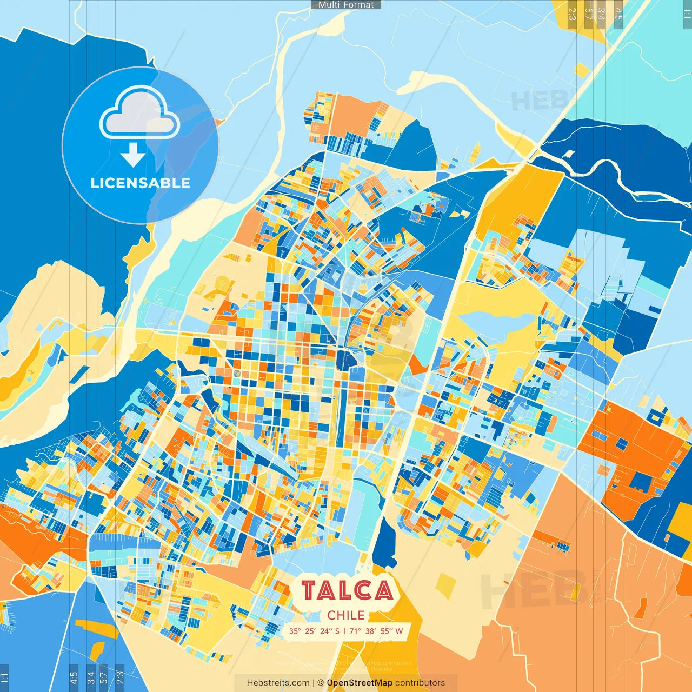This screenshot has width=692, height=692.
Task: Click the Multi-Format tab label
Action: (x=346, y=5)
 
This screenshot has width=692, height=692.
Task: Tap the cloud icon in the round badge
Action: (x=139, y=114)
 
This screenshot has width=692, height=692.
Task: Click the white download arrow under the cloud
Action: (x=133, y=154)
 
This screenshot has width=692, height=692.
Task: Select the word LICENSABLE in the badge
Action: (x=141, y=183)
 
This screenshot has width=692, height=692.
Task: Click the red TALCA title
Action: (x=347, y=590)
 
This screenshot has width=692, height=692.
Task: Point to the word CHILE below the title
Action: (x=346, y=615)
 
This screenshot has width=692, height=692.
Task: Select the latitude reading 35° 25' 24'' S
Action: (x=314, y=631)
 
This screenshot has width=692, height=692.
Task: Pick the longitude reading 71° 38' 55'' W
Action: (x=376, y=631)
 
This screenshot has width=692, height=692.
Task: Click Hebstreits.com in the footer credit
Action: (x=278, y=683)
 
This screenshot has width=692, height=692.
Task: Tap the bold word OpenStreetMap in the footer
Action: (x=360, y=683)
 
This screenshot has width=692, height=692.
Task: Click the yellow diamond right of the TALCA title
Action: (x=445, y=585)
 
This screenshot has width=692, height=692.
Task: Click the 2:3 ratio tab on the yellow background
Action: (x=572, y=13)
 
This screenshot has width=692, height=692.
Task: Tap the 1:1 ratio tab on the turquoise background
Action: (x=687, y=13)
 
